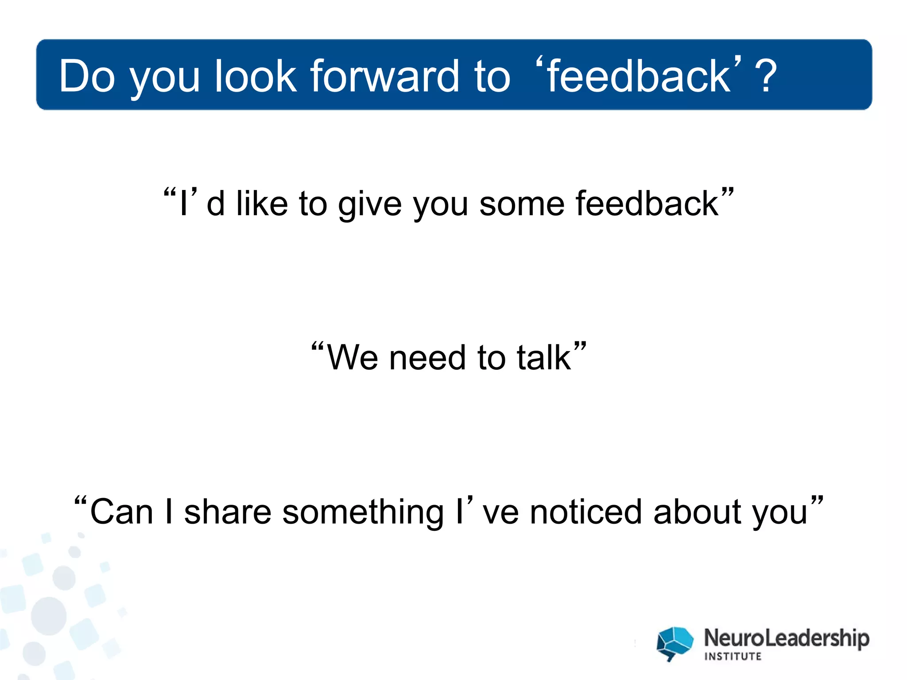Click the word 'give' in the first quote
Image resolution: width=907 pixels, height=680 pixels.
coord(370,205)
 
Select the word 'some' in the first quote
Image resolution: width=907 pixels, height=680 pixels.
coord(522,205)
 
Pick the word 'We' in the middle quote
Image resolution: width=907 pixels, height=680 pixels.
coord(353,358)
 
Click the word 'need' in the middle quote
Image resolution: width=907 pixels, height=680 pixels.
coord(427,358)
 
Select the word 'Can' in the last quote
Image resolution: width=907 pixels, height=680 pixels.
coord(121,512)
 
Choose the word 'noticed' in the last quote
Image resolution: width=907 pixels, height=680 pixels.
coord(586,512)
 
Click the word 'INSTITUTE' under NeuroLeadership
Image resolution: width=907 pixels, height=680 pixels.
coord(733,657)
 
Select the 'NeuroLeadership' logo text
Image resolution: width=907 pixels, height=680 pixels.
coord(787,638)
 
